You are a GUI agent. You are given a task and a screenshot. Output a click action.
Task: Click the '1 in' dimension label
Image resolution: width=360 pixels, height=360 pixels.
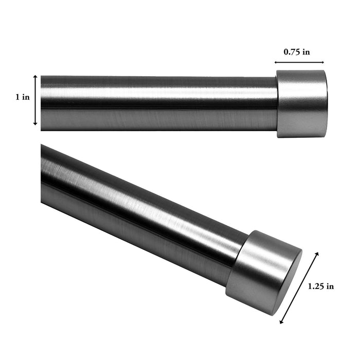click(x=22, y=97)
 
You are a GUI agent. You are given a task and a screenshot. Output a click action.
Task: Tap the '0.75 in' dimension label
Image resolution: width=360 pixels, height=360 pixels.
click(x=297, y=51)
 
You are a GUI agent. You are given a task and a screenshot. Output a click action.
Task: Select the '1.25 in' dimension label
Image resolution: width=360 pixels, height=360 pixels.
click(x=320, y=286)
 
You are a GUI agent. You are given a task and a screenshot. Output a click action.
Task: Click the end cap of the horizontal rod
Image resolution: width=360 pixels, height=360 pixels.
click(x=301, y=104)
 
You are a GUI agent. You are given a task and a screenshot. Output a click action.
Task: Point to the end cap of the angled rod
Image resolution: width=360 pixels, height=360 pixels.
click(x=264, y=273)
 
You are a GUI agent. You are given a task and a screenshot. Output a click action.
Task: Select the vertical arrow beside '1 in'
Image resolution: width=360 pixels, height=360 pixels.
click(x=35, y=100)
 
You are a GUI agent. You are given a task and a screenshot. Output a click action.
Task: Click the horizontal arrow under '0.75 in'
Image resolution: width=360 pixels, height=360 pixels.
click(x=300, y=62)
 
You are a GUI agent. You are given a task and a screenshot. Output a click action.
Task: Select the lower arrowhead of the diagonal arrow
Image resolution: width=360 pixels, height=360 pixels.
click(x=281, y=322)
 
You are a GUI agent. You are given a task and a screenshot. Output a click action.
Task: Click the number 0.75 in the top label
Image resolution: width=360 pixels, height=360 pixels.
click(x=292, y=51)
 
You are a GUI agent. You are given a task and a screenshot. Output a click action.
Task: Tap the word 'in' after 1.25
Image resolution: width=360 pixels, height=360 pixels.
click(x=329, y=286)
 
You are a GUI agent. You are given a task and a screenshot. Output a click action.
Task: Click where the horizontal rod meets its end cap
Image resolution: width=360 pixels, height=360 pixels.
click(x=277, y=104)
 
